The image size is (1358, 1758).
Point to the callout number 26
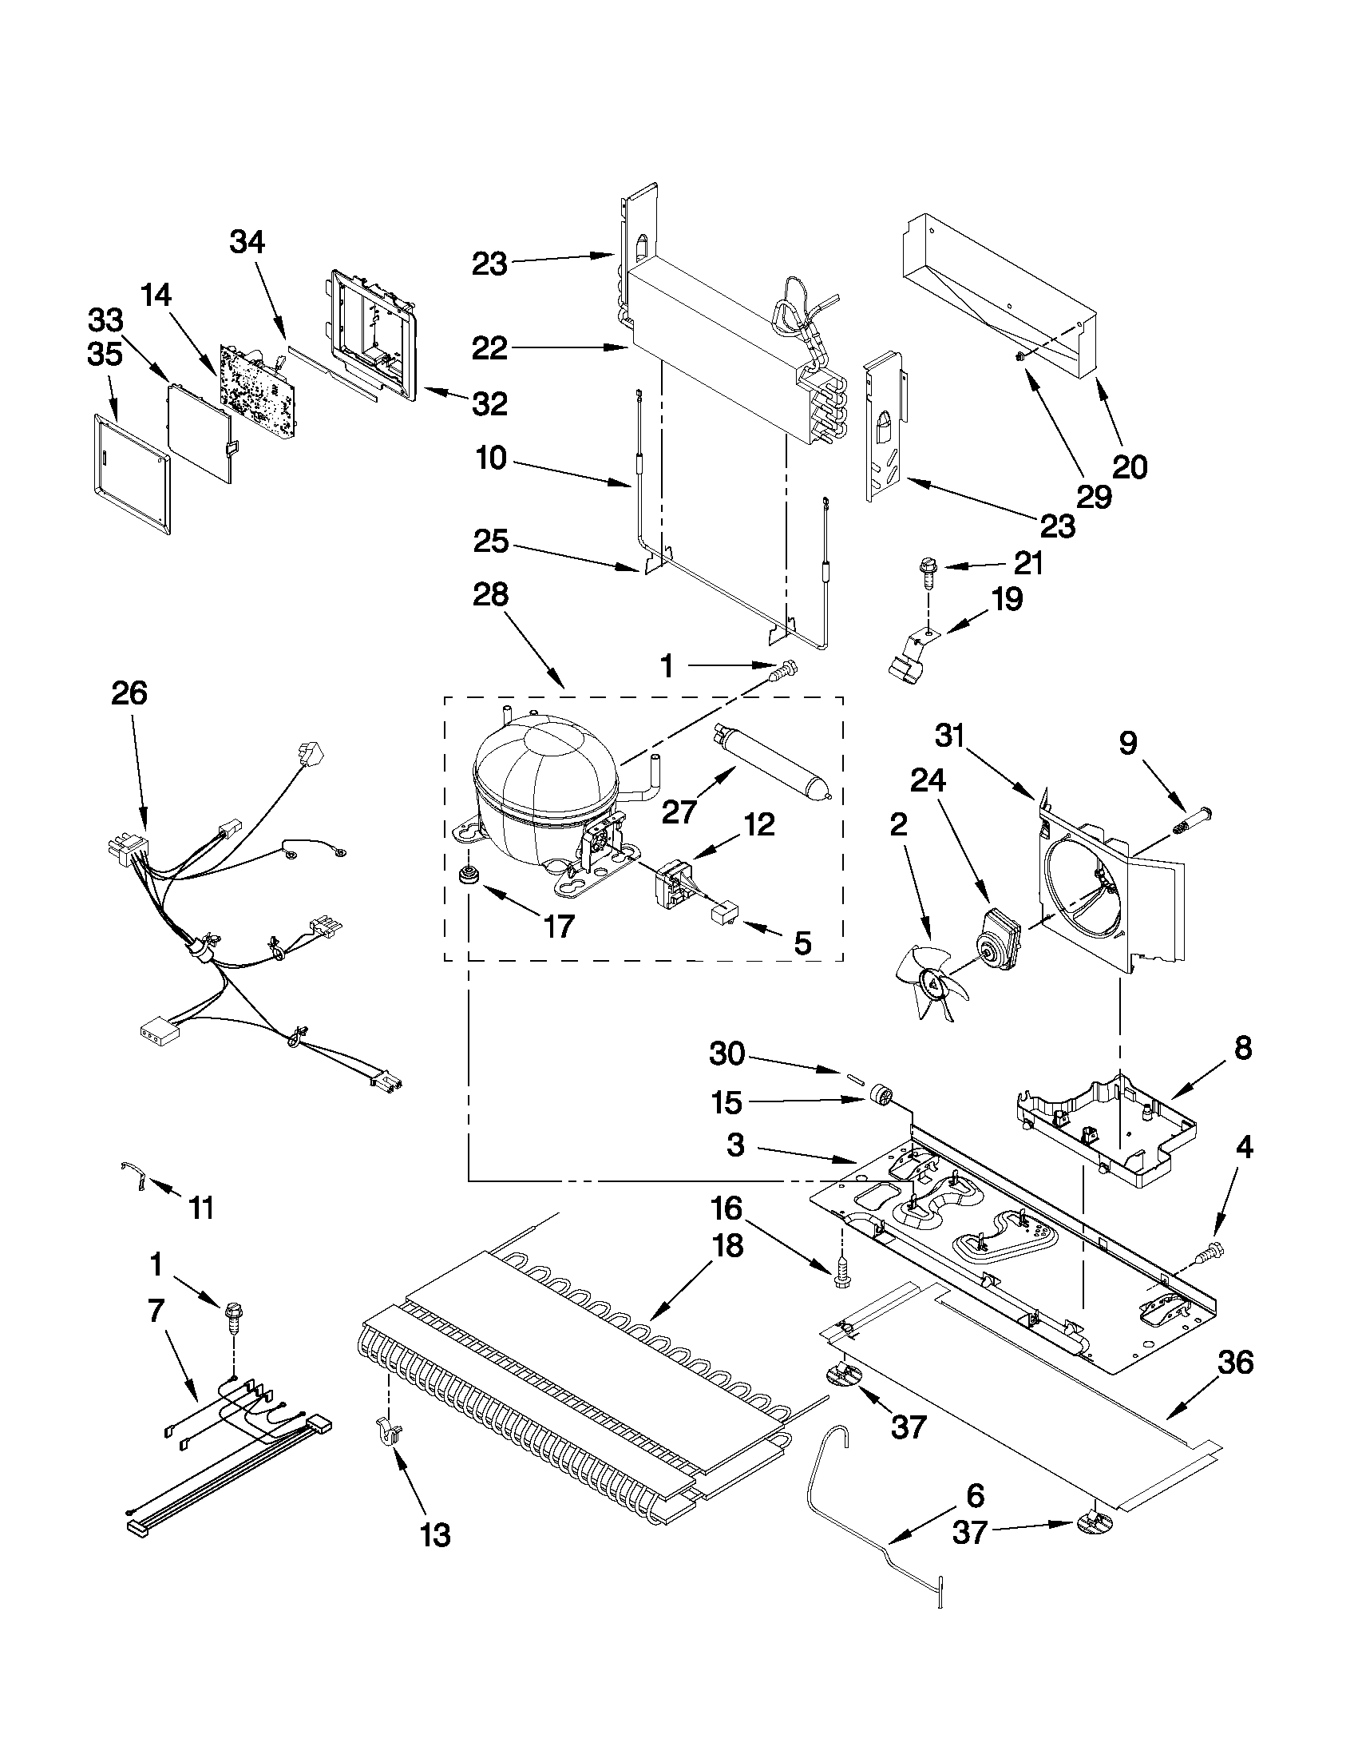click(129, 692)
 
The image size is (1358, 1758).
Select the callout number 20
click(1129, 466)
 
